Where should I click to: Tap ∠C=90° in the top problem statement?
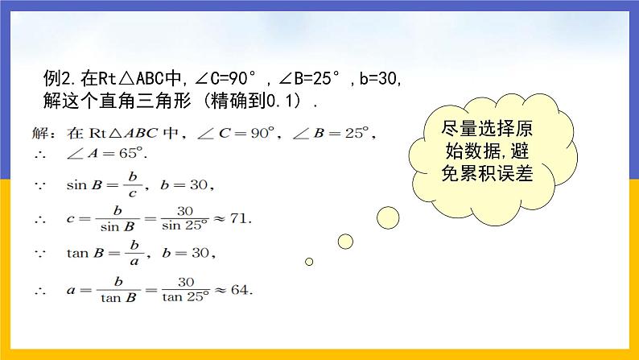coord(225,80)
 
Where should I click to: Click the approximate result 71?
coord(240,218)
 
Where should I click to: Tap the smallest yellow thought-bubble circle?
coord(308,261)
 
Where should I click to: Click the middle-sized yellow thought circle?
coord(345,241)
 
